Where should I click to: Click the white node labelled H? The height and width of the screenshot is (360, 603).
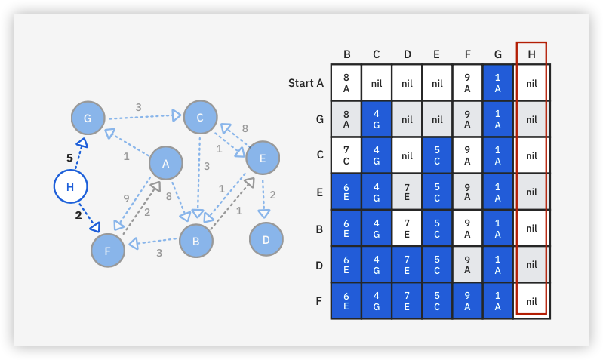(x=70, y=186)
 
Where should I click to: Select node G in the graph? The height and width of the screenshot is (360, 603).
(x=88, y=118)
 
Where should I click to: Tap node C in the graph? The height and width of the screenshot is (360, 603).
(x=200, y=117)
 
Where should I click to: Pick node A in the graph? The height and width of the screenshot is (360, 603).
(x=165, y=163)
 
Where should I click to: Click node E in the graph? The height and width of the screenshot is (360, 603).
(x=263, y=158)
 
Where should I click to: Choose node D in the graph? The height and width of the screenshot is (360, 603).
(x=266, y=239)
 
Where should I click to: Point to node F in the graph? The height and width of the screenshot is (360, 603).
(x=107, y=251)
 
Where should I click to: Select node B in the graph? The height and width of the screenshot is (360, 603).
(x=195, y=242)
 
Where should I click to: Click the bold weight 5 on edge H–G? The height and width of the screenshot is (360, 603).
(x=69, y=158)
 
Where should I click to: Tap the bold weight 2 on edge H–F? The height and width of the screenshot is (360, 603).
(x=78, y=215)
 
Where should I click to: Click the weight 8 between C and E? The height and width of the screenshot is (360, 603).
(x=245, y=128)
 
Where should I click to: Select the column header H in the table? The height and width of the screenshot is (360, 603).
(x=531, y=54)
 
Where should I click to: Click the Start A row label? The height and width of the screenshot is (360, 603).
(x=306, y=83)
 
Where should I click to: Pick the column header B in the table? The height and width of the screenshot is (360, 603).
(x=346, y=54)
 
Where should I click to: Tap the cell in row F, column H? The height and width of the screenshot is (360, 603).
(x=531, y=301)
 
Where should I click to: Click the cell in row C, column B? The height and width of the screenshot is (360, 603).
(x=346, y=155)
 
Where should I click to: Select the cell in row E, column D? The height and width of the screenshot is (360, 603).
(x=407, y=192)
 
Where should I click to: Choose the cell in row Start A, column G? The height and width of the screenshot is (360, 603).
(x=497, y=83)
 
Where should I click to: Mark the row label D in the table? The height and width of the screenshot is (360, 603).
(x=320, y=265)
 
